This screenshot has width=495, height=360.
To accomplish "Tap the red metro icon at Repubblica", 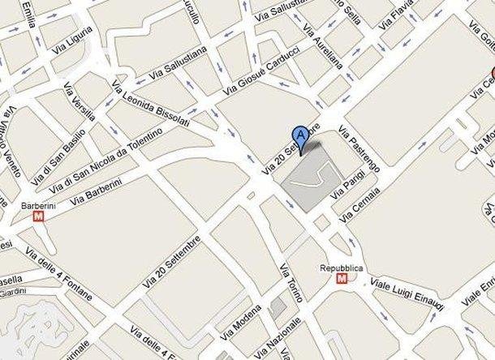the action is click(342, 278).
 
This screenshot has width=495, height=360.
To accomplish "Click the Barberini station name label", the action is click(37, 204).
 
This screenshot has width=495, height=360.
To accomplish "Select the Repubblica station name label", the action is click(342, 267).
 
